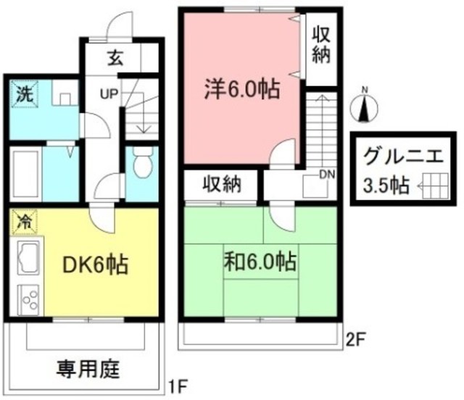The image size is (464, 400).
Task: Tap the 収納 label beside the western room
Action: click(320, 45)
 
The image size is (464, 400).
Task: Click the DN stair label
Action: click(326, 174)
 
